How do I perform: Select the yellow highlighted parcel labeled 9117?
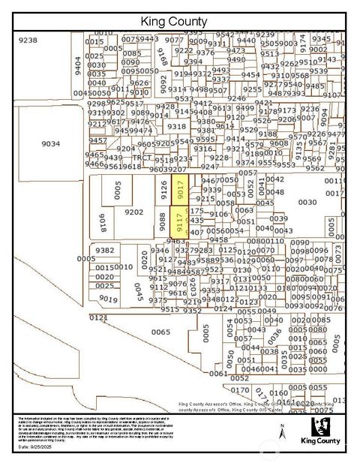pos(180,223)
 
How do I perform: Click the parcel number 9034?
pos(50,144)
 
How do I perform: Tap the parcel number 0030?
pos(308,202)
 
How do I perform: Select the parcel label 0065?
pos(160,331)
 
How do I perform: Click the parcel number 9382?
pos(105,251)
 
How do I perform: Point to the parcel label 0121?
pos(99,317)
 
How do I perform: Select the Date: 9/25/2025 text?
pos(36,446)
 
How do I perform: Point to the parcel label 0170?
pos(240,390)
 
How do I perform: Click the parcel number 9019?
pos(108,299)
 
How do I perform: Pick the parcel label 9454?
pos(250,74)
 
